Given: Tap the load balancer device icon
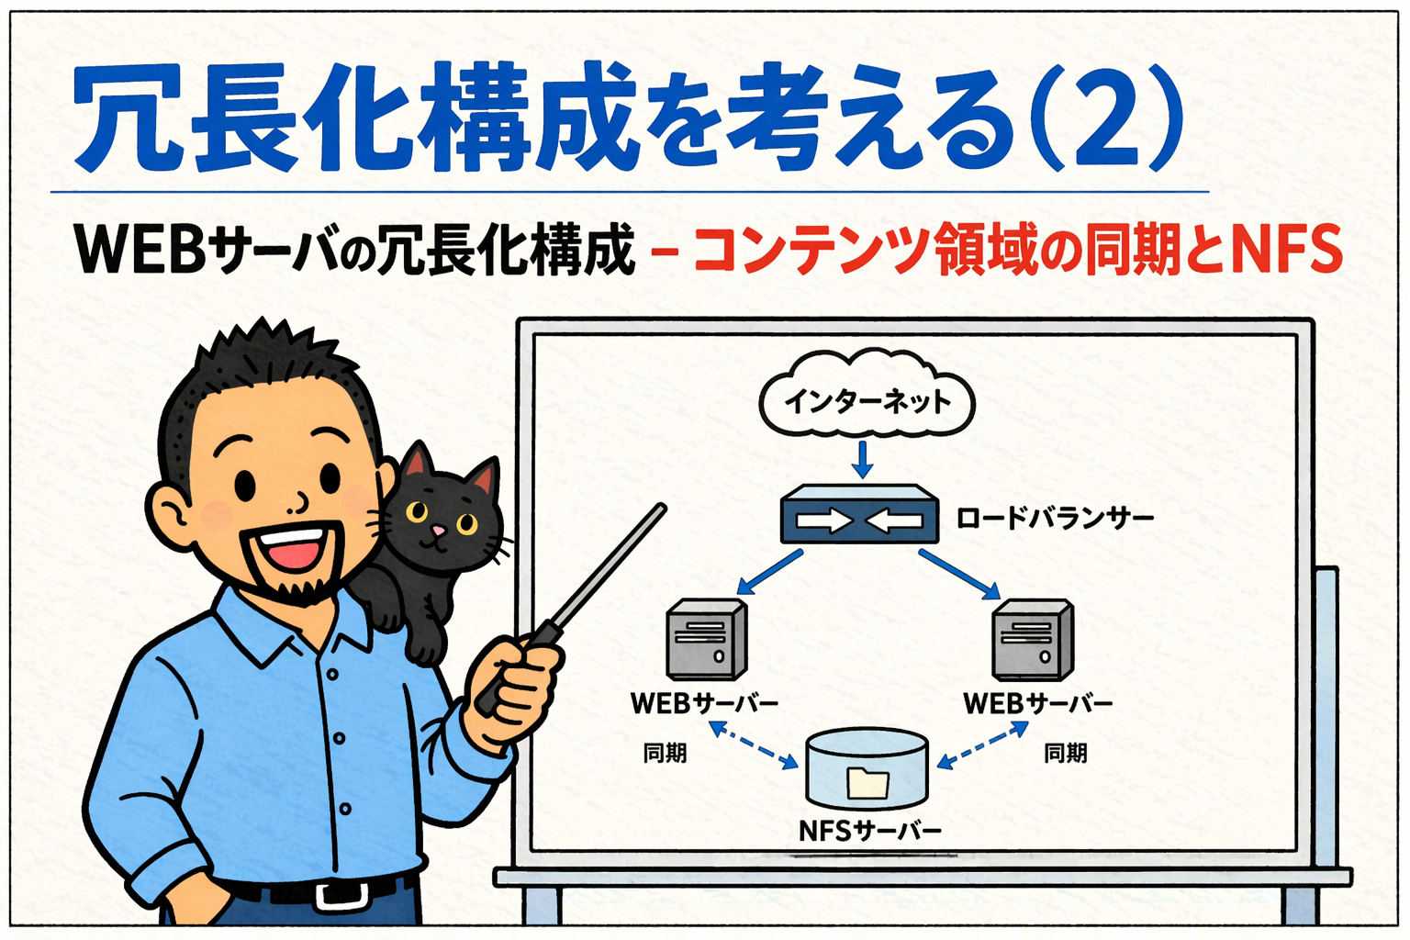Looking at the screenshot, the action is pyautogui.click(x=859, y=514).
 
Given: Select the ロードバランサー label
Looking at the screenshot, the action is pyautogui.click(x=1055, y=519).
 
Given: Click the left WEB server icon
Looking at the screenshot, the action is pyautogui.click(x=707, y=639).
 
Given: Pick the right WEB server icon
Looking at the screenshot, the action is pyautogui.click(x=1033, y=639).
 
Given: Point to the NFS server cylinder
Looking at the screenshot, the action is pyautogui.click(x=867, y=768).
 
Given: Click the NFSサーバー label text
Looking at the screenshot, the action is pyautogui.click(x=870, y=832).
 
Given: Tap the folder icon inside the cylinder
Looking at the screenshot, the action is pyautogui.click(x=868, y=783).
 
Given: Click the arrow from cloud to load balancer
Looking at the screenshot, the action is pyautogui.click(x=862, y=460).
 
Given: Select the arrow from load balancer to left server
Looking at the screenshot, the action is pyautogui.click(x=769, y=572).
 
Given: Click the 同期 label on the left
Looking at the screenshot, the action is pyautogui.click(x=665, y=753).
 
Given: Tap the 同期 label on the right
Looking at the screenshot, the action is pyautogui.click(x=1066, y=753).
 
